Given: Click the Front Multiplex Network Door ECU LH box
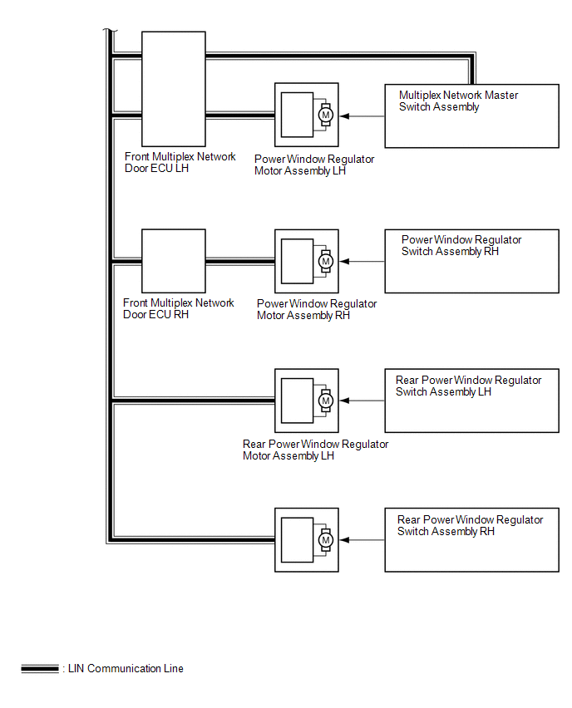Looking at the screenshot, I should pos(174,89).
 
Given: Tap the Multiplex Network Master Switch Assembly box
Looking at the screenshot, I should pos(471,116).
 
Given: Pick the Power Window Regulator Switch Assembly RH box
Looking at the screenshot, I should pos(471,261).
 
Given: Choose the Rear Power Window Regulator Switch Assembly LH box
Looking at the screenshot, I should pos(471,401).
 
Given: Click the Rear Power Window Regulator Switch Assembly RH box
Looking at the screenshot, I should pos(471,540).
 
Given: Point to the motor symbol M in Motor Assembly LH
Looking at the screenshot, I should pos(326,115).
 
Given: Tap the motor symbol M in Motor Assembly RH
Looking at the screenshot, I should pos(326,261).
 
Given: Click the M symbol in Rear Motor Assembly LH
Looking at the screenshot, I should pos(326,401).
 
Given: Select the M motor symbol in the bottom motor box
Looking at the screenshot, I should pos(326,540).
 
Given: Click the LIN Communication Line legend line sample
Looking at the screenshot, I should pos(40,669).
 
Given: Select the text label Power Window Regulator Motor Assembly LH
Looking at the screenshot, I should pos(314,165).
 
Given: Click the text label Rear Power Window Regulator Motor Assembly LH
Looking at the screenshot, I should pos(315,450).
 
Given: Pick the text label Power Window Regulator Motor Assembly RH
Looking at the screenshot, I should pos(317,309).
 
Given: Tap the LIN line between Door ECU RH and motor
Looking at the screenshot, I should pos(240,262).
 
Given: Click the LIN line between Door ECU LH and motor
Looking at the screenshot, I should pos(240,116).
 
